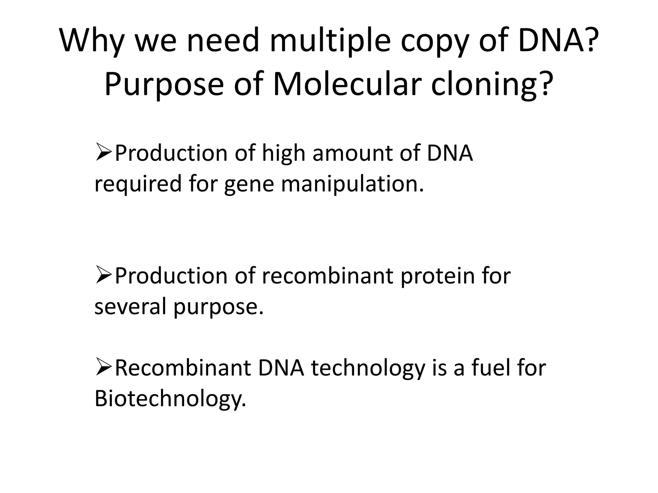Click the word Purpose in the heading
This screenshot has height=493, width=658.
pyautogui.click(x=164, y=85)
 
